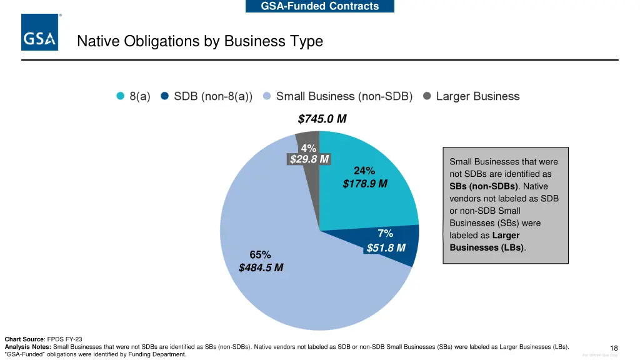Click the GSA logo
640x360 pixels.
pyautogui.click(x=40, y=32)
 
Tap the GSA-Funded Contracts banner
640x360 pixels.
pyautogui.click(x=320, y=6)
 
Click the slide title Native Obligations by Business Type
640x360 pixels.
pyautogui.click(x=200, y=42)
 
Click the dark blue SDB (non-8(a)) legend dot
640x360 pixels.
pyautogui.click(x=165, y=96)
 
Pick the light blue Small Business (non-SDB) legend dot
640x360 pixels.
pyautogui.click(x=267, y=96)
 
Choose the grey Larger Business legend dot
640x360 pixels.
pyautogui.click(x=427, y=96)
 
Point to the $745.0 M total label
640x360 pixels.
pyautogui.click(x=322, y=119)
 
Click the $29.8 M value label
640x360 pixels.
pyautogui.click(x=309, y=159)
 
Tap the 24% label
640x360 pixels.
pyautogui.click(x=364, y=171)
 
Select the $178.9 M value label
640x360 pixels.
pyautogui.click(x=365, y=184)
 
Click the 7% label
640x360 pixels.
pyautogui.click(x=386, y=234)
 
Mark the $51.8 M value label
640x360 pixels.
pyautogui.click(x=386, y=248)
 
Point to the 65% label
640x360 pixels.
pyautogui.click(x=260, y=254)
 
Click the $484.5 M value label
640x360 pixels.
pyautogui.click(x=261, y=268)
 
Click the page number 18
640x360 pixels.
pyautogui.click(x=614, y=348)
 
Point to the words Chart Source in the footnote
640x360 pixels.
pyautogui.click(x=24, y=339)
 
